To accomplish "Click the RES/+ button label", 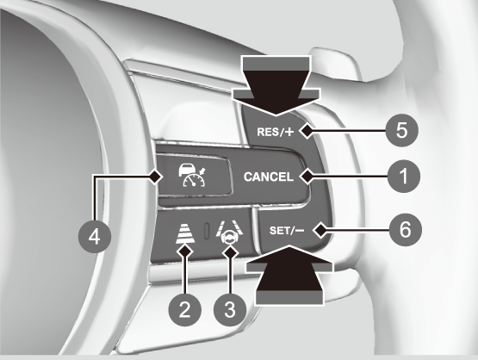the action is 276,132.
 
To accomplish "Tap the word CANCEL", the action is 269,177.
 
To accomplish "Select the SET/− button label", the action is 287,231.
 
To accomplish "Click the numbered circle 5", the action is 401,131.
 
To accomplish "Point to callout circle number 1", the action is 404,177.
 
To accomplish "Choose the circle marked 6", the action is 406,230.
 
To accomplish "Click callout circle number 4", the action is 95,237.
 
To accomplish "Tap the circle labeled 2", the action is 185,310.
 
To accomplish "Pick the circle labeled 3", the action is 230,310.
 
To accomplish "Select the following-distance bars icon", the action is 185,233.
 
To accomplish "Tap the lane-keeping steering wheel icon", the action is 229,233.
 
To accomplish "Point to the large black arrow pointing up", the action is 289,275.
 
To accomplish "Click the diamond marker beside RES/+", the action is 307,132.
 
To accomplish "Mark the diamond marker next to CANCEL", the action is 307,177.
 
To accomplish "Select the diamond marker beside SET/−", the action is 320,231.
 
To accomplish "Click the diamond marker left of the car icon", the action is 155,177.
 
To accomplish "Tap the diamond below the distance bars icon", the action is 185,251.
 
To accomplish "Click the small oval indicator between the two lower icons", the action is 207,231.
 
